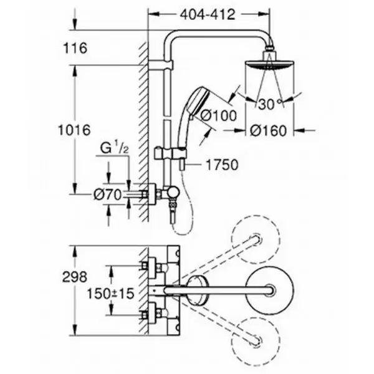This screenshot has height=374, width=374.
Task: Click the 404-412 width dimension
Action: pyautogui.click(x=208, y=14)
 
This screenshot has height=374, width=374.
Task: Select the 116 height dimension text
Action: pyautogui.click(x=75, y=48)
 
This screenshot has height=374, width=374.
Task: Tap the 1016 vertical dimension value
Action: pyautogui.click(x=74, y=130)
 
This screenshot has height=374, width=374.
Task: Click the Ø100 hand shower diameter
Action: pyautogui.click(x=219, y=116)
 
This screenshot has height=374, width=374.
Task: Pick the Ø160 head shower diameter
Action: pyautogui.click(x=268, y=131)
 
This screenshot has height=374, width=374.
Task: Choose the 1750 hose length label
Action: pyautogui.click(x=222, y=165)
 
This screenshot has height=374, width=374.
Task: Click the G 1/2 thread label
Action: pyautogui.click(x=115, y=148)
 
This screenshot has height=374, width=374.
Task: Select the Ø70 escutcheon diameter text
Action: pyautogui.click(x=108, y=195)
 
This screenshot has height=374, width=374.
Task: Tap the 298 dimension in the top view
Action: pyautogui.click(x=75, y=277)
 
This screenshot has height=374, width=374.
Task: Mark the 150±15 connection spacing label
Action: pyautogui.click(x=110, y=294)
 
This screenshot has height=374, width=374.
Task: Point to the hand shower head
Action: pyautogui.click(x=198, y=102)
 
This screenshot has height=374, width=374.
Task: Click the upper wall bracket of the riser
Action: pyautogui.click(x=160, y=65)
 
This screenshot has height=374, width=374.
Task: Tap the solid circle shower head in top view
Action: pyautogui.click(x=270, y=290)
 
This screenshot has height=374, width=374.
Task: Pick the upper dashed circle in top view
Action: pyautogui.click(x=256, y=239)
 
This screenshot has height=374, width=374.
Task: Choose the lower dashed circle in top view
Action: pyautogui.click(x=256, y=342)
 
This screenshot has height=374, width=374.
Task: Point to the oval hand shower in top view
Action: pyautogui.click(x=196, y=290)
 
